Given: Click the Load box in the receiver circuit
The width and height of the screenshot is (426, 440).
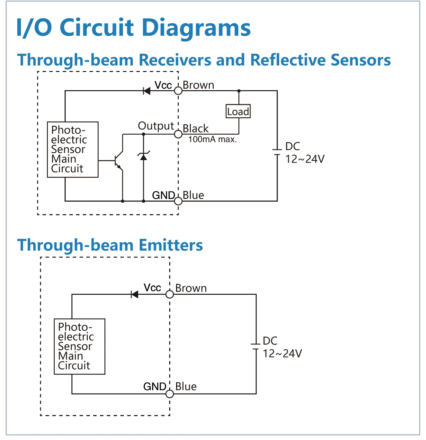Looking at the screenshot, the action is (x=238, y=111).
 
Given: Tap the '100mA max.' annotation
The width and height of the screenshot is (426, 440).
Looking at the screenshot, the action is (x=212, y=139).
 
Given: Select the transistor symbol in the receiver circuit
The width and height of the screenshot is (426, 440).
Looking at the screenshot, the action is (x=119, y=160).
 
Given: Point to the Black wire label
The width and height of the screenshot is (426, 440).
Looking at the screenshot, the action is (x=195, y=129).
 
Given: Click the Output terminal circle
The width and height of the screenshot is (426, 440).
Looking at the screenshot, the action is (x=178, y=134).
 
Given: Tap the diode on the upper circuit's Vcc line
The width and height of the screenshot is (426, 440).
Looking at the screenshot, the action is (x=147, y=91).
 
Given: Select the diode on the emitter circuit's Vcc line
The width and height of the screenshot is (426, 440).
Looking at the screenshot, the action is (x=135, y=294).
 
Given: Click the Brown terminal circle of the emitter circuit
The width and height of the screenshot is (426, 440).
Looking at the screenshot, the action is (x=170, y=294).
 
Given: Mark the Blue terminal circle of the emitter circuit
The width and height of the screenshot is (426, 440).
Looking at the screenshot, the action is (x=170, y=394).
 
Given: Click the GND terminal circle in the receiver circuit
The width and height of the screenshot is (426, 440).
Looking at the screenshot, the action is (x=178, y=201).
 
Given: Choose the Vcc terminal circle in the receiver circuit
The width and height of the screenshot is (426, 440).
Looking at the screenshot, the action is (x=178, y=91).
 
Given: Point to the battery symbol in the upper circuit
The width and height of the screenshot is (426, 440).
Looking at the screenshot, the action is (x=277, y=152).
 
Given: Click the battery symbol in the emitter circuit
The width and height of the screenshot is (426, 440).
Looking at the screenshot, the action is (x=256, y=346).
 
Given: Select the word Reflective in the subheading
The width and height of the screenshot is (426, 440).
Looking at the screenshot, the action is (x=288, y=60).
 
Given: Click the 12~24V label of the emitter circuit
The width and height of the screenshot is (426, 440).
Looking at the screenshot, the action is (x=282, y=354).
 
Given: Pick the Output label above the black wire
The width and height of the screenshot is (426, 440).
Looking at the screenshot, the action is (x=156, y=126).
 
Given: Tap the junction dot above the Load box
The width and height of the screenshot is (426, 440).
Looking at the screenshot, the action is (x=239, y=91).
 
